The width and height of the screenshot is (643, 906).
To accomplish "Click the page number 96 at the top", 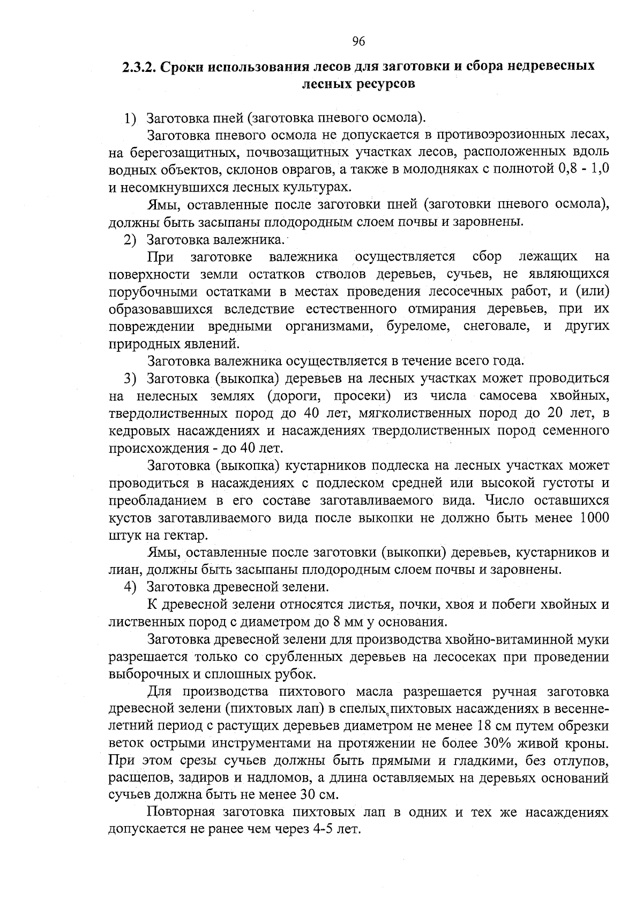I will (359, 41).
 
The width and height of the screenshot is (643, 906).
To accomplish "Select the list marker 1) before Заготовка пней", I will (131, 117).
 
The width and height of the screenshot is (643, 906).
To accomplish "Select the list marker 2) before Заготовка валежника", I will (131, 239).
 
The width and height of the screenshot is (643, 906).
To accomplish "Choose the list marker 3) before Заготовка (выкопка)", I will (131, 379).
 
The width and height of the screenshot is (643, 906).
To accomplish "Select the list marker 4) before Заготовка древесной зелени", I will (131, 587).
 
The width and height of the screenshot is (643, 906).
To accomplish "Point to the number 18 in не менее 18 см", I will (482, 727).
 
